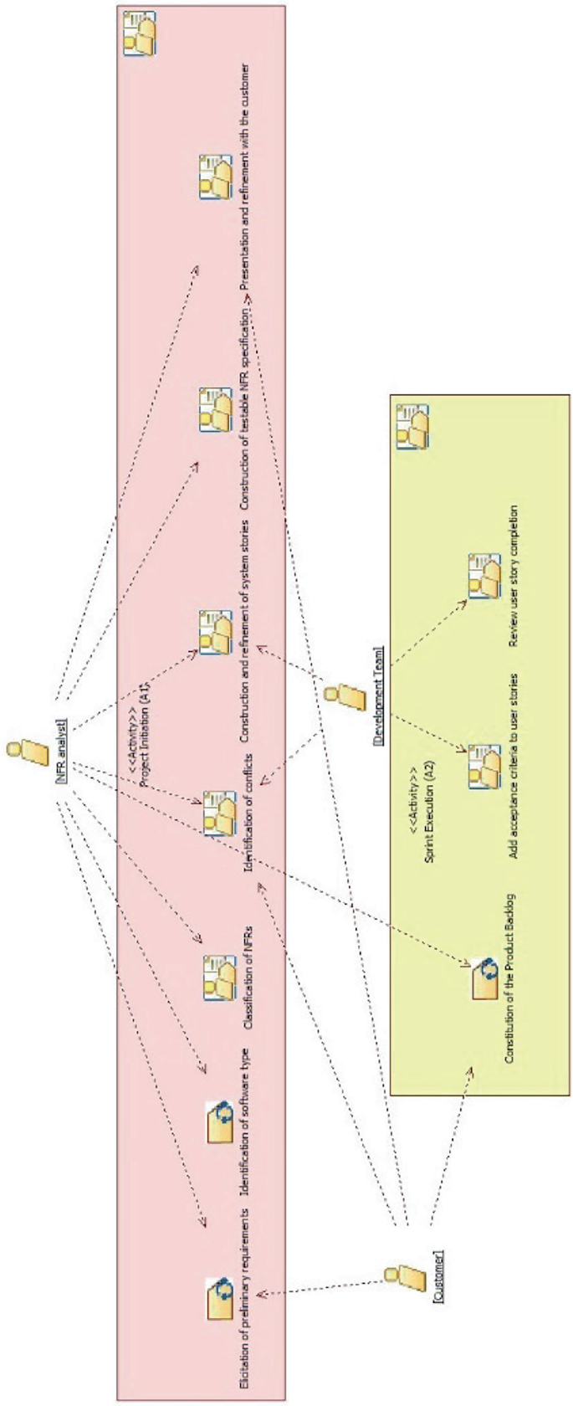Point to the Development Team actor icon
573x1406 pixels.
coord(344,696)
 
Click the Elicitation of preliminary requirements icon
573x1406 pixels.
coord(220,1298)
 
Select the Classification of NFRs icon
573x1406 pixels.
coord(219,978)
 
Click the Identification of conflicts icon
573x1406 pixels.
coord(219,813)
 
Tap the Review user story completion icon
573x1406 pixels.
coord(483,576)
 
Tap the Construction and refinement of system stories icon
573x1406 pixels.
coord(215,632)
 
